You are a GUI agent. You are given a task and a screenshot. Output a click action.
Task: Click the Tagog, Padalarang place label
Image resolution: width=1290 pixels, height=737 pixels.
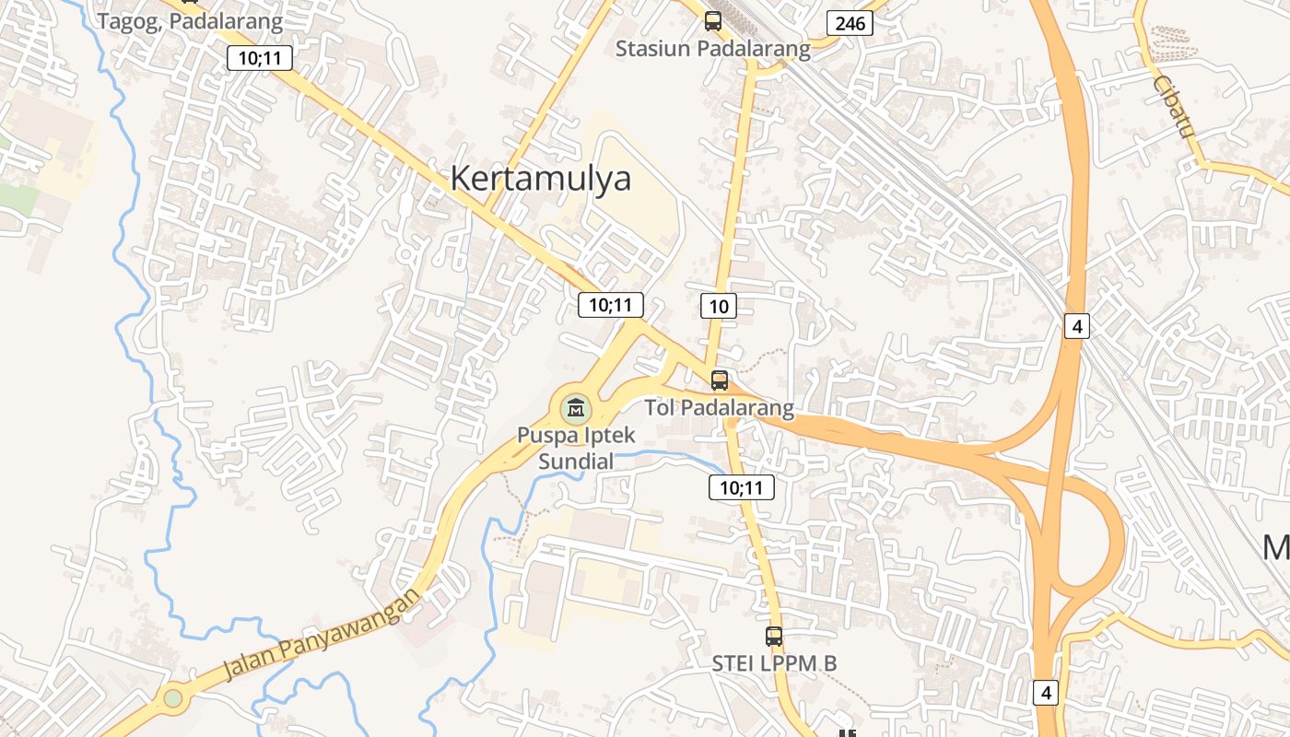pyautogui.click(x=190, y=20)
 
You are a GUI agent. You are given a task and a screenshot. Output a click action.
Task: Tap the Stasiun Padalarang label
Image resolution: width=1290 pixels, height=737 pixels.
pyautogui.click(x=712, y=49)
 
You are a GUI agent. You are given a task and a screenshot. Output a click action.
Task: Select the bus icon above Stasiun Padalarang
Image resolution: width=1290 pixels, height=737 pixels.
pyautogui.click(x=712, y=20)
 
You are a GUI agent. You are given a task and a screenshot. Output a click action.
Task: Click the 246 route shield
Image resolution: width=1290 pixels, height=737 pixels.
pyautogui.click(x=849, y=23)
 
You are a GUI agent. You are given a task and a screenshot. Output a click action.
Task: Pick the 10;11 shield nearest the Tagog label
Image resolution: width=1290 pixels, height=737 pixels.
pyautogui.click(x=260, y=59)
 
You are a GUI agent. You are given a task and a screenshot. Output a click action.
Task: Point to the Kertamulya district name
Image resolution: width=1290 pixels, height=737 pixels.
pyautogui.click(x=540, y=178)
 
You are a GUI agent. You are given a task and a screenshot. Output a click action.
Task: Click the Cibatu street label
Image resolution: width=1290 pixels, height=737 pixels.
pyautogui.click(x=1172, y=107)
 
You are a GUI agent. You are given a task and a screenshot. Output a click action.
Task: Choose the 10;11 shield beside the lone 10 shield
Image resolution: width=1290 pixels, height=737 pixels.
pyautogui.click(x=610, y=305)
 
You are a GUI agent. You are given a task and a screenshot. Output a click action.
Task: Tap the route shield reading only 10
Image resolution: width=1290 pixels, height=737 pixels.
pyautogui.click(x=719, y=306)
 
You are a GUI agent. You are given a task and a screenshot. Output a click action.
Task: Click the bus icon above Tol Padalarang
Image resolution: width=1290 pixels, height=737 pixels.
pyautogui.click(x=719, y=380)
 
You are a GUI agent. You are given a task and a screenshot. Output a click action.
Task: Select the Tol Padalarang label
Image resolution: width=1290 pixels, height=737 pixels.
pyautogui.click(x=719, y=407)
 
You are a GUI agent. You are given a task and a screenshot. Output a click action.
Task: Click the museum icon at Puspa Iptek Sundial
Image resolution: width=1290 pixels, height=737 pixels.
pyautogui.click(x=576, y=406)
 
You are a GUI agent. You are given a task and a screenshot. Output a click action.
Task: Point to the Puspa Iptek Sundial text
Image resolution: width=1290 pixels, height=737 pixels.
pyautogui.click(x=576, y=448)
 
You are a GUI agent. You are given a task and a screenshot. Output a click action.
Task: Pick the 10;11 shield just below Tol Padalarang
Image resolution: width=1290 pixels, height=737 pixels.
pyautogui.click(x=741, y=487)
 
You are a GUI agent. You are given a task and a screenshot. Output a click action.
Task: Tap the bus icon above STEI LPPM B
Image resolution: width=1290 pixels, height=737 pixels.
pyautogui.click(x=774, y=636)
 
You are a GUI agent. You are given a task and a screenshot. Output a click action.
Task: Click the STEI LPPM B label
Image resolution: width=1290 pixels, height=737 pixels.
pyautogui.click(x=774, y=663)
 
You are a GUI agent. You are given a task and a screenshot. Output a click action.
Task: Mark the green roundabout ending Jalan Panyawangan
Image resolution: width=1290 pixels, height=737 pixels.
pyautogui.click(x=172, y=698)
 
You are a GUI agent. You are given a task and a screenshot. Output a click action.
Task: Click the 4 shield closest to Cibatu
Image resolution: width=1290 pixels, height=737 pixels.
pyautogui.click(x=1075, y=325)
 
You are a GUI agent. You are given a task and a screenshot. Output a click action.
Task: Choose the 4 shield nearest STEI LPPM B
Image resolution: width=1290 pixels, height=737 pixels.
pyautogui.click(x=1045, y=692)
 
